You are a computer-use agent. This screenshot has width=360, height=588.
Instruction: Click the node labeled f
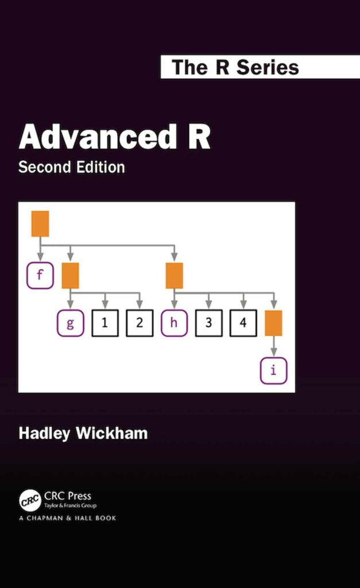[x=40, y=276]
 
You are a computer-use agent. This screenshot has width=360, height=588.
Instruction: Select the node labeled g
[x=70, y=323]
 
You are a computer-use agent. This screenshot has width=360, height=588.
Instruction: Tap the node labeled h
[x=174, y=323]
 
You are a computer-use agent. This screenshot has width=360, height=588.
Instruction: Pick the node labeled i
[x=273, y=370]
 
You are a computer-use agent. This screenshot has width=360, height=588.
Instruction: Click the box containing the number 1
[x=104, y=323]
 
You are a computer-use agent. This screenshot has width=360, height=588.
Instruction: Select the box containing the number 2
[x=140, y=323]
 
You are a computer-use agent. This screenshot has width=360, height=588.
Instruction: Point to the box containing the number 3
[x=208, y=323]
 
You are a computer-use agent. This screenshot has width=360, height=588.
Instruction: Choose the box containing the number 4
[x=243, y=323]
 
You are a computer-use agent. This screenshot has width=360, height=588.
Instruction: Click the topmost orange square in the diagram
[x=40, y=223]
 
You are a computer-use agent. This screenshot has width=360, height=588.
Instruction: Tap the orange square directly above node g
[x=70, y=276]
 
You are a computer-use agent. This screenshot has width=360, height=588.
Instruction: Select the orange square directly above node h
[x=174, y=276]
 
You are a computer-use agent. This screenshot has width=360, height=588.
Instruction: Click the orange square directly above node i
[x=273, y=323]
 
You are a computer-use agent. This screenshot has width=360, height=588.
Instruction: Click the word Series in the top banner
[x=268, y=67]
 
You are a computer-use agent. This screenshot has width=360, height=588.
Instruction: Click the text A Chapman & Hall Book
[x=67, y=518]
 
